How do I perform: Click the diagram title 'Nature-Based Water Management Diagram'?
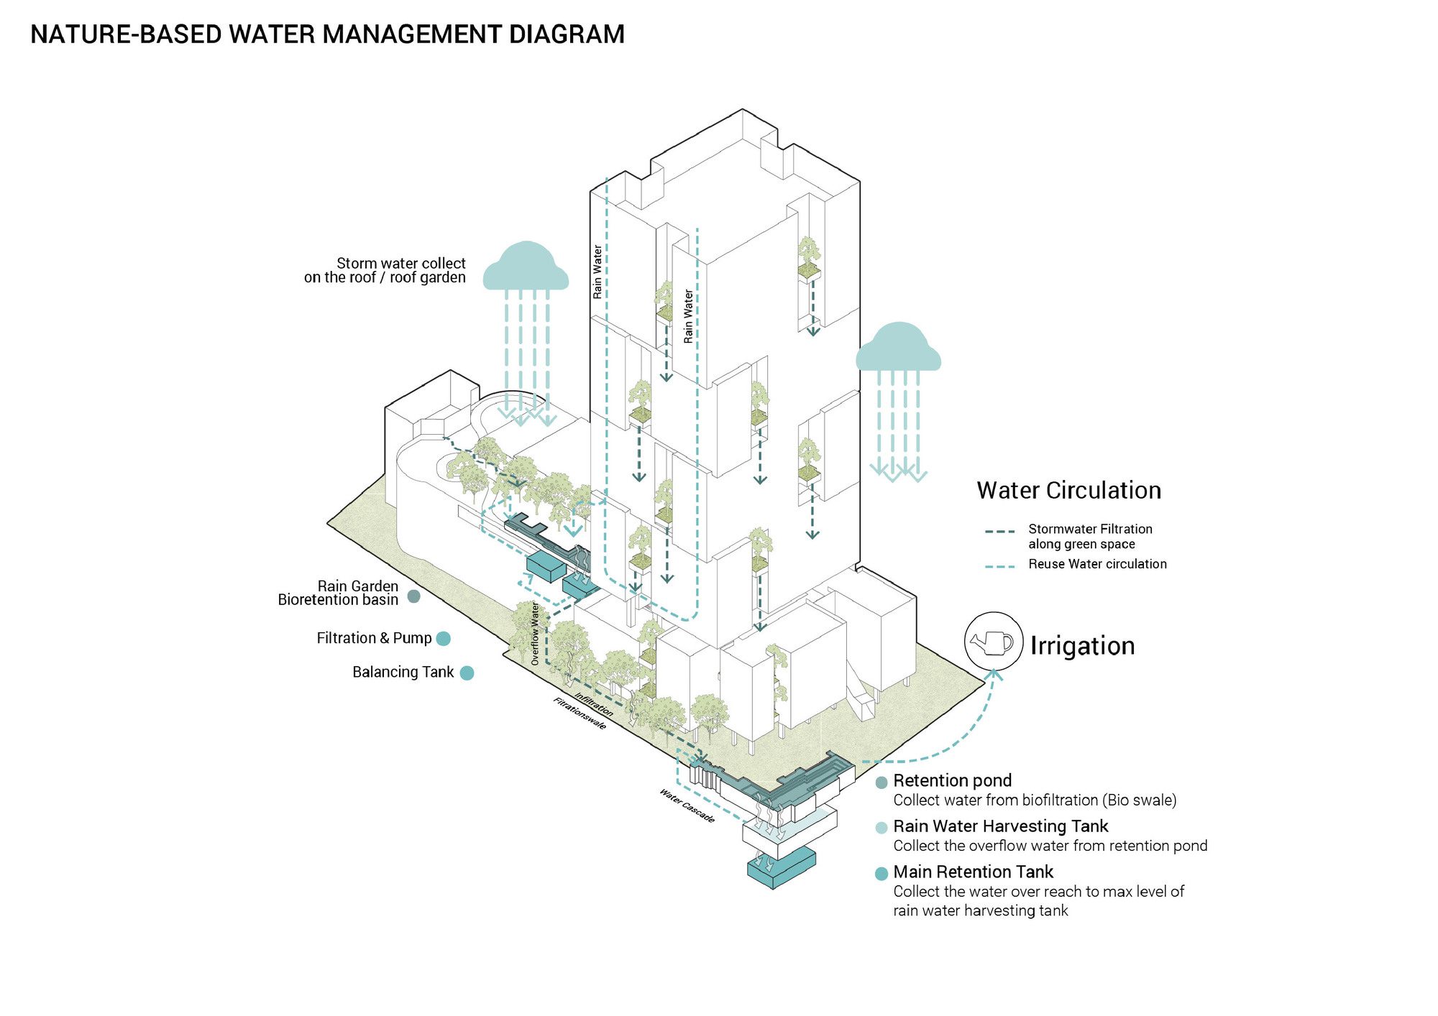click(x=327, y=34)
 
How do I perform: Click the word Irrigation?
click(x=1082, y=645)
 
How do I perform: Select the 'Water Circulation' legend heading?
click(x=1068, y=490)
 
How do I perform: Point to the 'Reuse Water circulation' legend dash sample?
click(x=999, y=566)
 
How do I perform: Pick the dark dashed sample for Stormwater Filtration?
click(x=999, y=532)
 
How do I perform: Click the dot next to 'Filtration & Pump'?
click(x=444, y=638)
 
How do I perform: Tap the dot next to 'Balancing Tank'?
click(x=467, y=673)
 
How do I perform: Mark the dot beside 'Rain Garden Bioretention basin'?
click(x=413, y=596)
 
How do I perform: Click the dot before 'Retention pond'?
click(x=881, y=782)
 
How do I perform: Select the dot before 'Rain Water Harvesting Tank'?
click(x=881, y=828)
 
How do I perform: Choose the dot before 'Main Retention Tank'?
click(x=881, y=874)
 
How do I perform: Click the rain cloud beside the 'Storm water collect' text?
click(x=526, y=267)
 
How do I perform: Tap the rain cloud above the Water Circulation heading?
click(x=898, y=348)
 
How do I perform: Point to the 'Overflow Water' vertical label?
click(x=535, y=634)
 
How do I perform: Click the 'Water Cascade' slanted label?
click(x=687, y=805)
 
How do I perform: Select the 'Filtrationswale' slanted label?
click(x=580, y=713)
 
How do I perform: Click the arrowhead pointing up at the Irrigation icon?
click(x=994, y=674)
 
